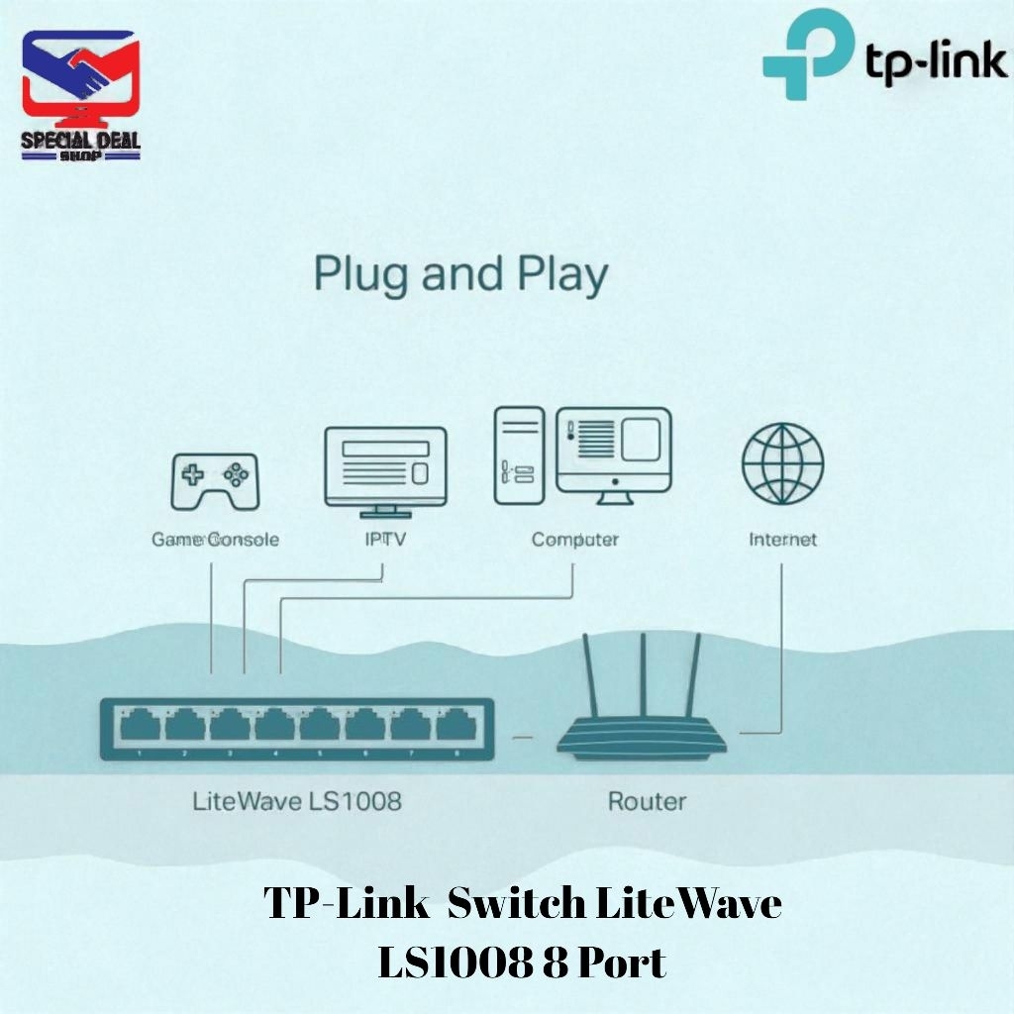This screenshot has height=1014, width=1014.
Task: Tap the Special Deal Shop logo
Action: tap(80, 95)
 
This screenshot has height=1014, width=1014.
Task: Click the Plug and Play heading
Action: tap(460, 274)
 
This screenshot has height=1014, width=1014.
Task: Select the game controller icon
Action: tap(215, 481)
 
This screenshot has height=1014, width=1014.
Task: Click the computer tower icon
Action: tap(519, 456)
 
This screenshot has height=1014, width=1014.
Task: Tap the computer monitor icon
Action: tap(614, 456)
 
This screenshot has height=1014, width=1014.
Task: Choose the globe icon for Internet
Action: tap(782, 463)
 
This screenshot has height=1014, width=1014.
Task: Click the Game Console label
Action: tap(215, 540)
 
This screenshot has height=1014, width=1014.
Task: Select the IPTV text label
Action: tap(385, 540)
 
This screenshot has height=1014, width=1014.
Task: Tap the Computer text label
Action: tap(575, 540)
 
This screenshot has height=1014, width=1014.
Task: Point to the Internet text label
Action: tap(782, 540)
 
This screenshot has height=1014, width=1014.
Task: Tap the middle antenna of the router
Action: tap(643, 675)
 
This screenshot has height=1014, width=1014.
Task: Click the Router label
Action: tap(647, 802)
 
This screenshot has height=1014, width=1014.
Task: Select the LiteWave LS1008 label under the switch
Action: tap(297, 802)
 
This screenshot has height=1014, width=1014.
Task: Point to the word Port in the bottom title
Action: tap(622, 963)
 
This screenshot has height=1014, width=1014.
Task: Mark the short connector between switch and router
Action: tap(522, 737)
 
